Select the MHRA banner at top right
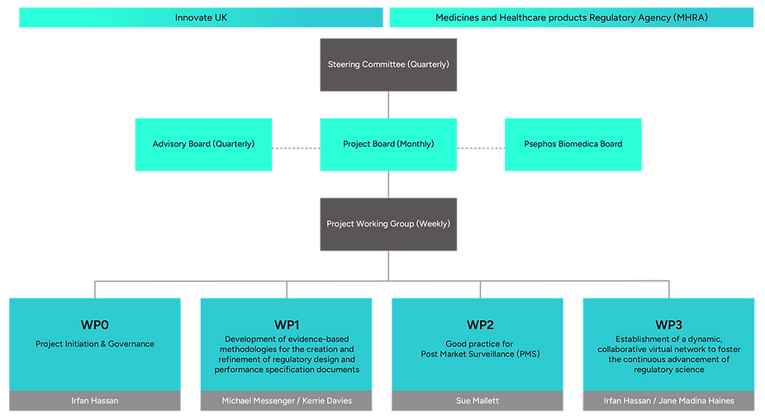coord(572,17)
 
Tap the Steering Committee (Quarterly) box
coord(388,64)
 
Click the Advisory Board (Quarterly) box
coord(203,144)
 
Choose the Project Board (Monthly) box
coord(388,144)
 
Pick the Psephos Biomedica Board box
coord(573,144)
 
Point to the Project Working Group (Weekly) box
coord(388,223)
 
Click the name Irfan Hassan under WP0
coord(95,401)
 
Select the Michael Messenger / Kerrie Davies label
coord(286,401)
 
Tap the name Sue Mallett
coord(478,401)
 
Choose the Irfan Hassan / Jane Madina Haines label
coord(669,401)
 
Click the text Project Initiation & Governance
coord(95,344)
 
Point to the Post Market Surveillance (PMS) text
coord(478,355)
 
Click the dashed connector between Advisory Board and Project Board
coord(296,149)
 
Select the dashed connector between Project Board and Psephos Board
coord(481,149)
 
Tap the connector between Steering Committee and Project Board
coord(387,104)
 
